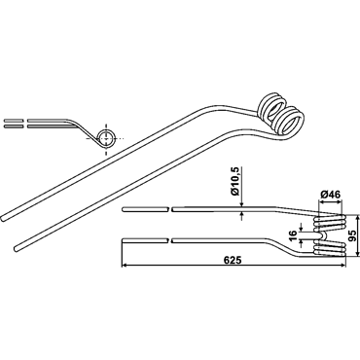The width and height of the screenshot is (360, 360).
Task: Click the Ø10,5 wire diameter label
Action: [235, 184]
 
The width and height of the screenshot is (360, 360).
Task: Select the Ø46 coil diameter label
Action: [330, 195]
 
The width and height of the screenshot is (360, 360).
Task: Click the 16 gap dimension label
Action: [293, 235]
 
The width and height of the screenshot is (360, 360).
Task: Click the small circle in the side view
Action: [106, 138]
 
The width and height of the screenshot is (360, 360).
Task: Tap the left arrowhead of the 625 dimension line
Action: [124, 266]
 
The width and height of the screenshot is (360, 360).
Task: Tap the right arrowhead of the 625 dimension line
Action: [343, 266]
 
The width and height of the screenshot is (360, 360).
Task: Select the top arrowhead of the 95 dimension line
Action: [357, 217]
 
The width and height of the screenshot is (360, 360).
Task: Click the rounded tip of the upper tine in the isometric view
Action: [3, 218]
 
